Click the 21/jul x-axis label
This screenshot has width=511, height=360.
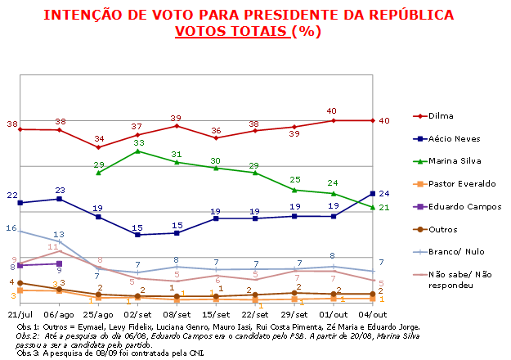point(20,314)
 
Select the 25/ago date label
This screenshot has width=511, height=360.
point(98,314)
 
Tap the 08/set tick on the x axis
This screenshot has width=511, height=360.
point(177,314)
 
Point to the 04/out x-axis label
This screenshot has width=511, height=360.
point(373,314)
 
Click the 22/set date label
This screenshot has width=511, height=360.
point(255,314)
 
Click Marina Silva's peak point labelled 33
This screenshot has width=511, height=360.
point(138,151)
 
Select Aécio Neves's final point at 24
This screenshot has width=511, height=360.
point(373,193)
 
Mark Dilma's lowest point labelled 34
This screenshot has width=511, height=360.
point(99,146)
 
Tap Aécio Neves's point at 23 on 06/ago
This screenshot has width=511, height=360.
point(59,198)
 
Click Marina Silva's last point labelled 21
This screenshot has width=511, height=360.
point(373,207)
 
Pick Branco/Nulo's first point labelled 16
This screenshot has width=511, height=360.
point(20,231)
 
